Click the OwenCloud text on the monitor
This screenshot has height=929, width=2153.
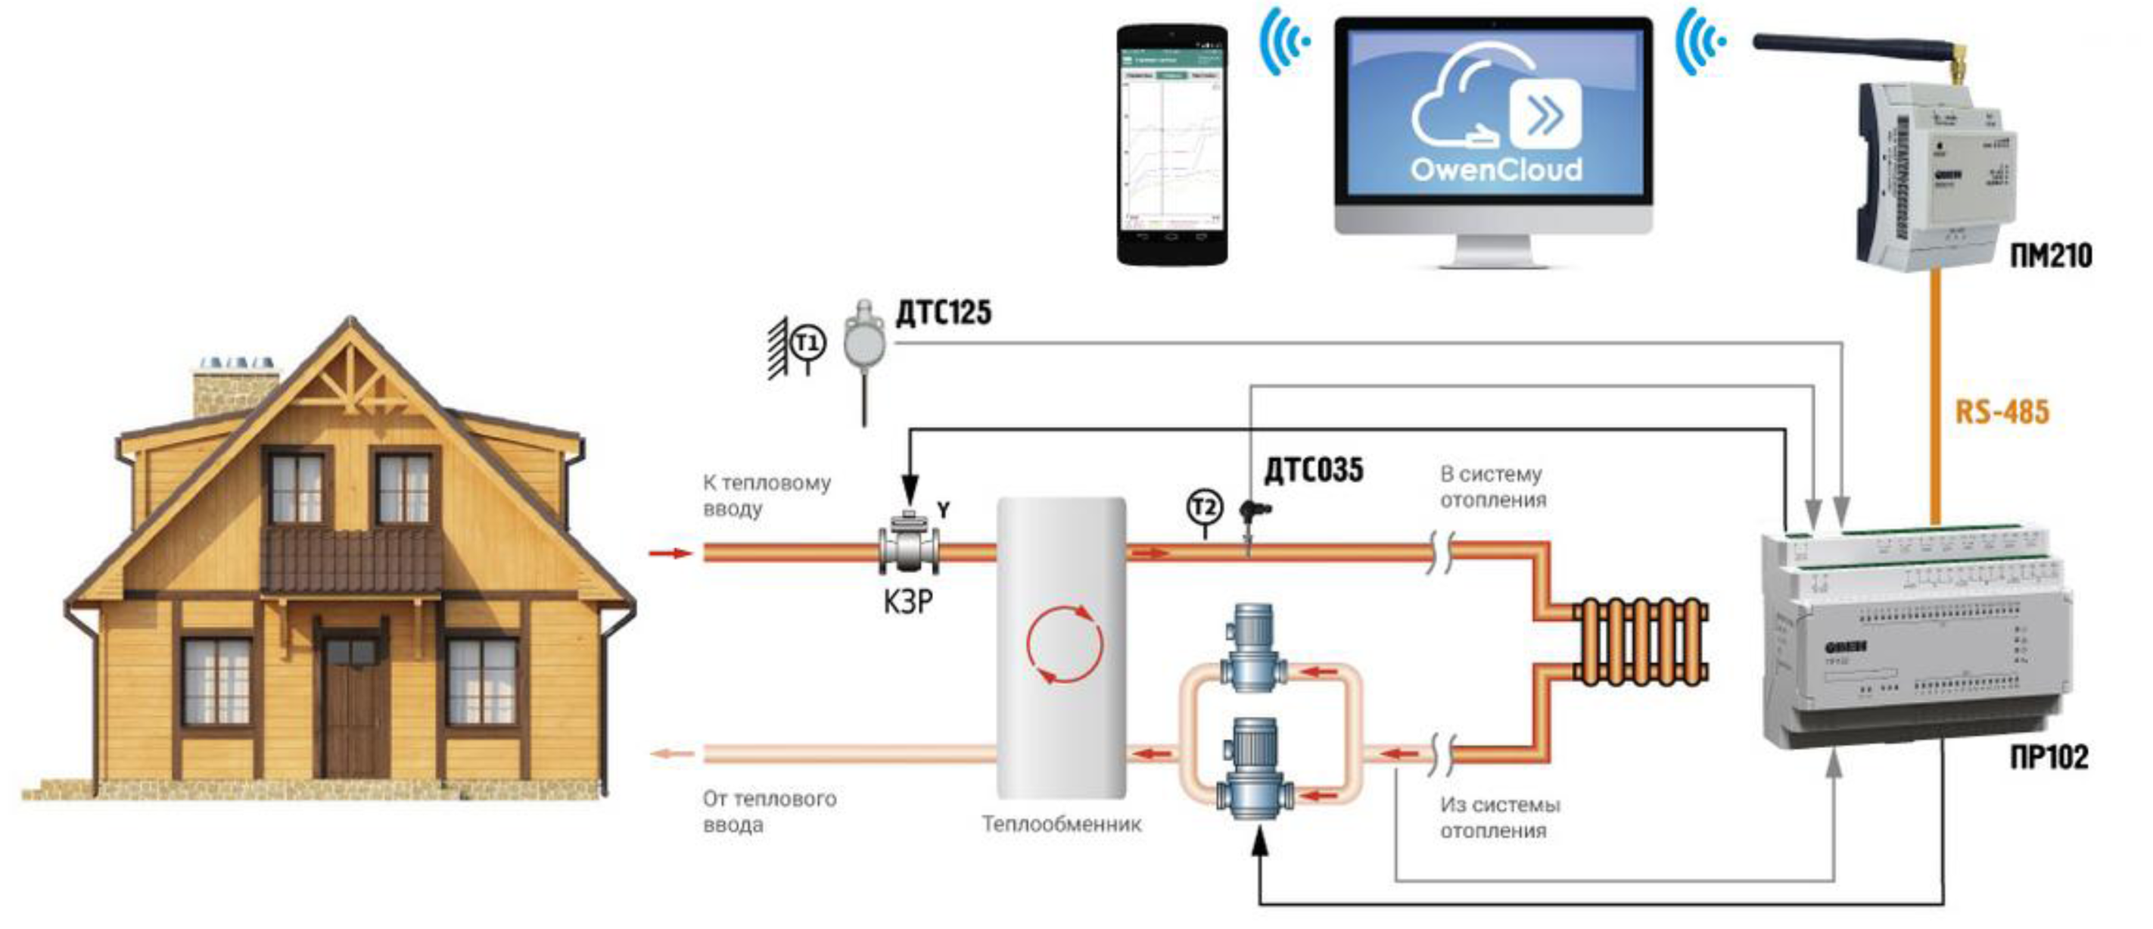pyautogui.click(x=1495, y=170)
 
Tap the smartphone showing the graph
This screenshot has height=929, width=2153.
pyautogui.click(x=1173, y=145)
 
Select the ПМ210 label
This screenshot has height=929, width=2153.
pyautogui.click(x=2050, y=255)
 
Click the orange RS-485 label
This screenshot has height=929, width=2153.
pyautogui.click(x=2002, y=412)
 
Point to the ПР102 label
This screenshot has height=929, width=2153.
pyautogui.click(x=2049, y=758)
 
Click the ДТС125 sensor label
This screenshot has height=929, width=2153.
pyautogui.click(x=944, y=313)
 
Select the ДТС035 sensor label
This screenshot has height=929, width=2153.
pyautogui.click(x=1313, y=471)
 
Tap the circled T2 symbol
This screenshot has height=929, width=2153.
pyautogui.click(x=1204, y=507)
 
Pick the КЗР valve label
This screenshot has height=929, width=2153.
pyautogui.click(x=907, y=601)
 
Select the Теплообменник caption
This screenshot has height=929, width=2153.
pyautogui.click(x=1062, y=825)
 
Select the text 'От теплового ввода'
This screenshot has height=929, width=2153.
pyautogui.click(x=769, y=812)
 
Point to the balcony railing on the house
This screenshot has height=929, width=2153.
pyautogui.click(x=353, y=559)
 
